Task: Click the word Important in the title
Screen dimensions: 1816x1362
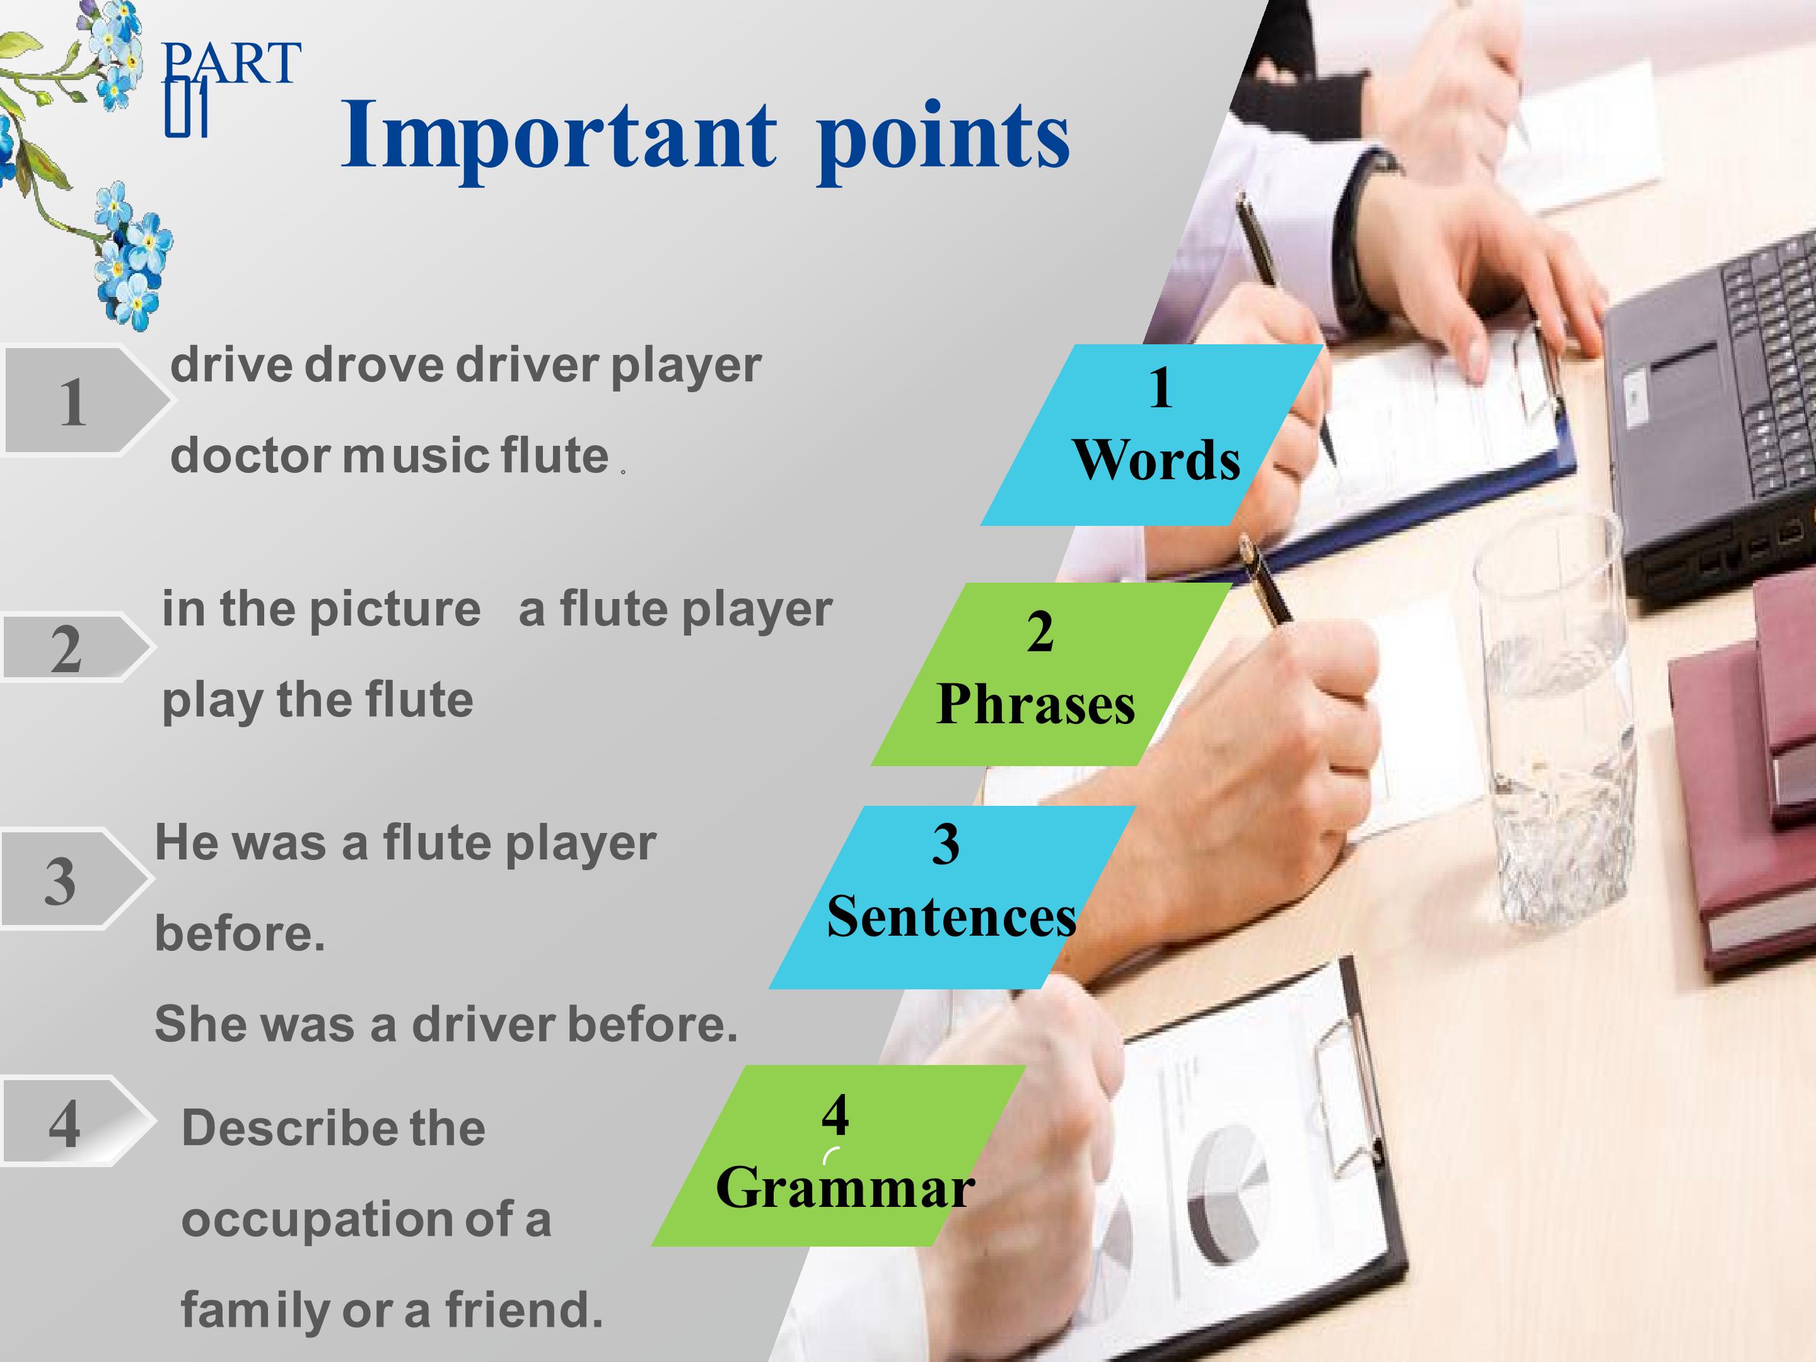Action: pos(558,136)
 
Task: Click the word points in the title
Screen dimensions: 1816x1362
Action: pos(943,139)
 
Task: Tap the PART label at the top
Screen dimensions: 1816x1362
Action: pos(231,64)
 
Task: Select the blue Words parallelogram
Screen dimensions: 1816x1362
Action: pos(1152,434)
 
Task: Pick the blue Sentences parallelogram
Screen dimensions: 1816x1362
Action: pos(952,897)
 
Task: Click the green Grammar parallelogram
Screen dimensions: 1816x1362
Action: pos(839,1156)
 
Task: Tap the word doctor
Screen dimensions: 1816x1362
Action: pos(250,456)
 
